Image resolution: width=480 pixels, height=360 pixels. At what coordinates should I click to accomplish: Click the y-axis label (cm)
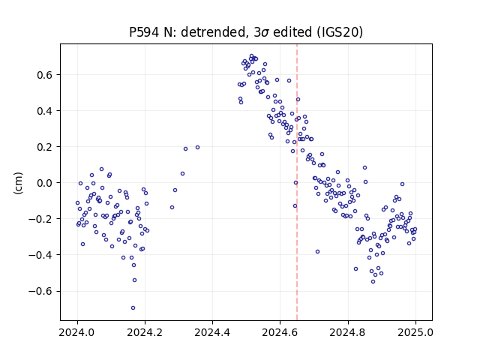click(x=18, y=183)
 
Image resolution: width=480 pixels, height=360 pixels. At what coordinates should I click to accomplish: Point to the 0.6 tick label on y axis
click(x=46, y=75)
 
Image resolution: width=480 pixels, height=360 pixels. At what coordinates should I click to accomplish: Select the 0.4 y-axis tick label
click(x=46, y=111)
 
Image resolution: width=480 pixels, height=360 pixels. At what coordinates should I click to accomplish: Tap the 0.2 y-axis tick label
click(x=46, y=147)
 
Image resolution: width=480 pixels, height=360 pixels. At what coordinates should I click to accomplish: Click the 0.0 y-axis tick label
click(x=46, y=183)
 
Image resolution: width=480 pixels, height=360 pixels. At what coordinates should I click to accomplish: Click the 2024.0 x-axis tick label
click(x=77, y=332)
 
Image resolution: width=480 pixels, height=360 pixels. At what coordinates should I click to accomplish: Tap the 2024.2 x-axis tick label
click(x=145, y=332)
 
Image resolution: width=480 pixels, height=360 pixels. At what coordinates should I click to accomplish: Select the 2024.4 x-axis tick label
click(x=212, y=332)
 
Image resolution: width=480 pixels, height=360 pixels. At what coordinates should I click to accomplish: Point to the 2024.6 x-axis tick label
click(x=280, y=332)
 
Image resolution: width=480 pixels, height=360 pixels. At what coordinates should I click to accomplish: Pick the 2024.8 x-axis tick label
click(x=348, y=332)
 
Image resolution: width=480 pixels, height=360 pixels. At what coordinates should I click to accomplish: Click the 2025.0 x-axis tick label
click(x=415, y=332)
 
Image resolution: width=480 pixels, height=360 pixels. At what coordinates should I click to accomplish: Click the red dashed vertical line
click(x=297, y=182)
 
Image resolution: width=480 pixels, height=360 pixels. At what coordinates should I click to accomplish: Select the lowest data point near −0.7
click(x=133, y=308)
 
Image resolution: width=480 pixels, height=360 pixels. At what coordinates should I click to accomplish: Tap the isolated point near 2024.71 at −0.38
click(x=317, y=252)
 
